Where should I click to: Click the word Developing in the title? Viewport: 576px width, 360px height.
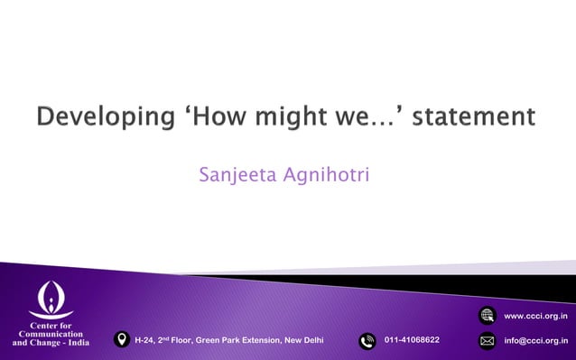(x=99, y=117)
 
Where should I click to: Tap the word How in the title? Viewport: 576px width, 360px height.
(x=216, y=117)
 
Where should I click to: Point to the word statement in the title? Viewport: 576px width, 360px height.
(x=471, y=117)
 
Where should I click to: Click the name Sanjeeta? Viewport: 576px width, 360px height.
(x=236, y=172)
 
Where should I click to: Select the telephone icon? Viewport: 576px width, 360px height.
(x=367, y=340)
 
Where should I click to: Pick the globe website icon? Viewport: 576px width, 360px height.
(x=487, y=315)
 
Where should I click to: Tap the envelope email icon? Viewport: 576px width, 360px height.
(x=487, y=341)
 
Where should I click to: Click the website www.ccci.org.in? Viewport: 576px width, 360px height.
(x=535, y=316)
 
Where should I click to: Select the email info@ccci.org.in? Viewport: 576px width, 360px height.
(x=535, y=341)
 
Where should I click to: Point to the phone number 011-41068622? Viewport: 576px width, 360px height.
(x=412, y=340)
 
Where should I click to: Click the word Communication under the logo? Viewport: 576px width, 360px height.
(x=51, y=333)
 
